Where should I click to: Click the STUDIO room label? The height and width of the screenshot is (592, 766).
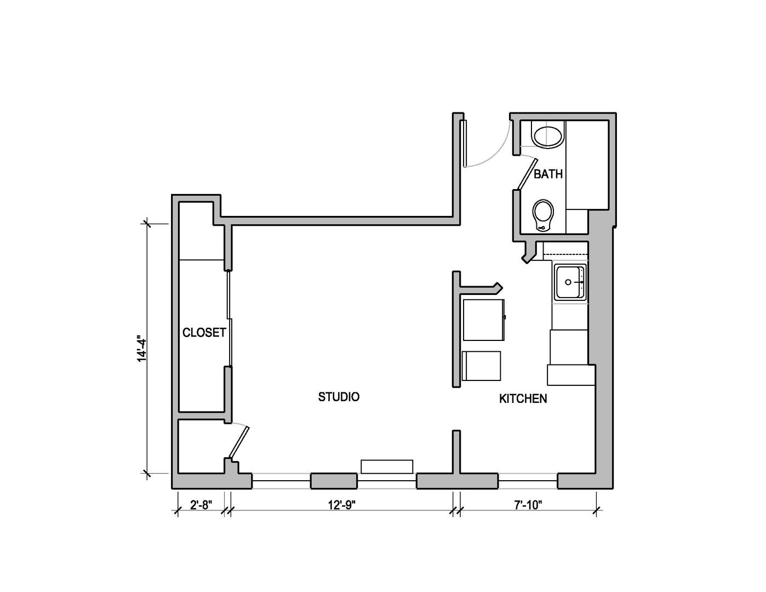[339, 397]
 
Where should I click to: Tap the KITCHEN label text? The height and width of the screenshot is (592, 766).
[523, 399]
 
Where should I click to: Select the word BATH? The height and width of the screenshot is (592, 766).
[548, 174]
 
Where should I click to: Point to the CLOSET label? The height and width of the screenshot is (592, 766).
[204, 333]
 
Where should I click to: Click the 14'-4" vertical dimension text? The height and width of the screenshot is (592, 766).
[142, 349]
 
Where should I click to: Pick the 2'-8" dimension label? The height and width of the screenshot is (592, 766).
[201, 504]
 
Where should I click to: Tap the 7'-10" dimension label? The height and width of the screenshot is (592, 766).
[528, 504]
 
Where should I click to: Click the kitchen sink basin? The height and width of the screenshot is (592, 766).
[570, 282]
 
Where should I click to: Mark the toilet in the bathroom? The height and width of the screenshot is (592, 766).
[543, 214]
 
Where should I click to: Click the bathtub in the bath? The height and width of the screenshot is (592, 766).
[587, 165]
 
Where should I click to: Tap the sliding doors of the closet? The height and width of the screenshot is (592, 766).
[230, 318]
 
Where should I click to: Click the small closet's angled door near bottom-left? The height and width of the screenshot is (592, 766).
[239, 442]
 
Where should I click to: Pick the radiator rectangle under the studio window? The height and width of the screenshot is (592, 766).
[387, 466]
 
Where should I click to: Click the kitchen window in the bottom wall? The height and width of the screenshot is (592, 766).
[528, 481]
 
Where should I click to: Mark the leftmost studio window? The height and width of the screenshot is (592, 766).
[281, 481]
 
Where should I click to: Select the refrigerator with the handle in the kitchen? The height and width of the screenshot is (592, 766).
[483, 320]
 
